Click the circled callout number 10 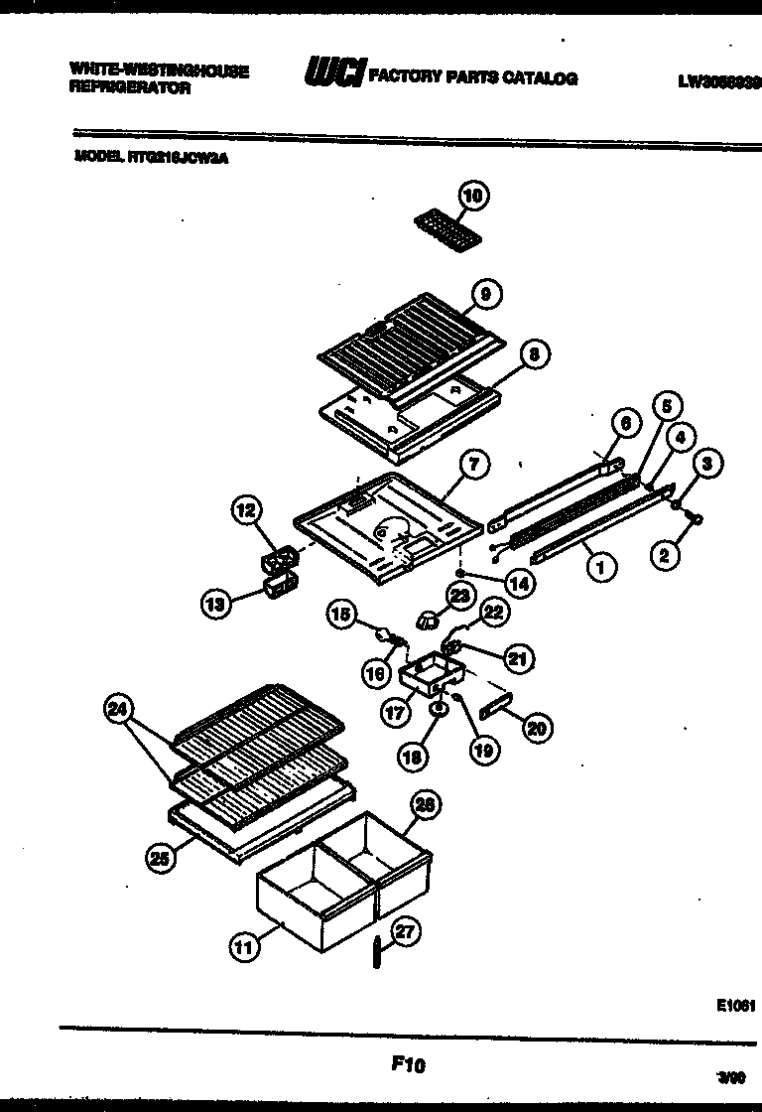[472, 197]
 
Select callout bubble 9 [485, 293]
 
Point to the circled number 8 [534, 352]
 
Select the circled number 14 [516, 584]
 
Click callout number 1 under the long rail [599, 567]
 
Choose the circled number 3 [706, 463]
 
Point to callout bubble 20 [536, 727]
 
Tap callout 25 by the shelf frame [158, 860]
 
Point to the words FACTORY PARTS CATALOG [472, 77]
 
